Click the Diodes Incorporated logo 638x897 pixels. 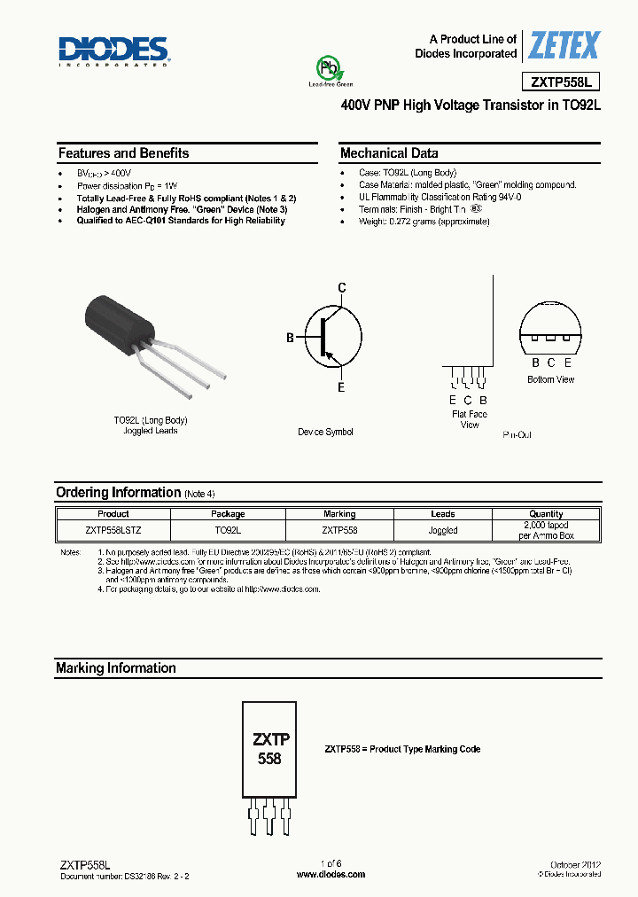tap(114, 51)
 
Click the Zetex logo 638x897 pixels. tap(564, 45)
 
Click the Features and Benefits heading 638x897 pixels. tap(123, 153)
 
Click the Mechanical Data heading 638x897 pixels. tap(389, 153)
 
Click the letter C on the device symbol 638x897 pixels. tap(341, 287)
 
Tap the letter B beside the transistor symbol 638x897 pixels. tap(290, 338)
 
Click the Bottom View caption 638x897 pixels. tap(551, 379)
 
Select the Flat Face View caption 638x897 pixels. tap(469, 419)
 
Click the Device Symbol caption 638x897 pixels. tap(325, 432)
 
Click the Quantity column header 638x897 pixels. tap(546, 514)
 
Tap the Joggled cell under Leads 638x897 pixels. tap(442, 530)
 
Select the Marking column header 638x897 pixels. tap(339, 514)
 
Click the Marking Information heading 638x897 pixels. tap(116, 668)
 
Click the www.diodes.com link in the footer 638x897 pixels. tap(331, 874)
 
